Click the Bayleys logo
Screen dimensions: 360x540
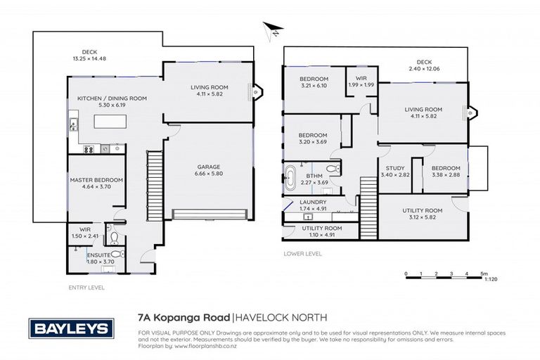[x=68, y=328]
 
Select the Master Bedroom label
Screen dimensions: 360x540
[x=96, y=180]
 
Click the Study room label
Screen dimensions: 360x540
[x=394, y=168]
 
